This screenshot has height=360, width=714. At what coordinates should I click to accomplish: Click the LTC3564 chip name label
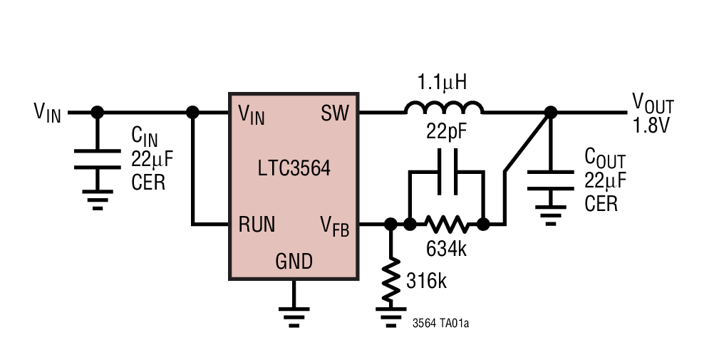294,169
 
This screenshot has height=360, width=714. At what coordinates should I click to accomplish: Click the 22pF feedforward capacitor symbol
447,181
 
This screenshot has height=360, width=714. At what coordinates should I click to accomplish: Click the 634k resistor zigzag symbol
447,225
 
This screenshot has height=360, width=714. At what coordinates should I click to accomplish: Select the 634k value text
446,250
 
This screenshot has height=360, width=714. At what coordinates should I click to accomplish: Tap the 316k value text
426,281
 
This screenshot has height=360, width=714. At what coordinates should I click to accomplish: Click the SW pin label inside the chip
335,113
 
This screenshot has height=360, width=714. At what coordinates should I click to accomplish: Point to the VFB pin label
334,226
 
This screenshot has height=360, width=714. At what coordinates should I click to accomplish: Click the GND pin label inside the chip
294,262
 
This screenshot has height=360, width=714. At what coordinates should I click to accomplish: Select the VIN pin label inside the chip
252,113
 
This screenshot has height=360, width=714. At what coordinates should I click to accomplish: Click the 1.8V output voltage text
652,126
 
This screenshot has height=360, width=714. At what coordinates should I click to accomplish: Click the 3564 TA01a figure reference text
440,323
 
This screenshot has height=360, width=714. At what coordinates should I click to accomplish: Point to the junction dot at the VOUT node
550,113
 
